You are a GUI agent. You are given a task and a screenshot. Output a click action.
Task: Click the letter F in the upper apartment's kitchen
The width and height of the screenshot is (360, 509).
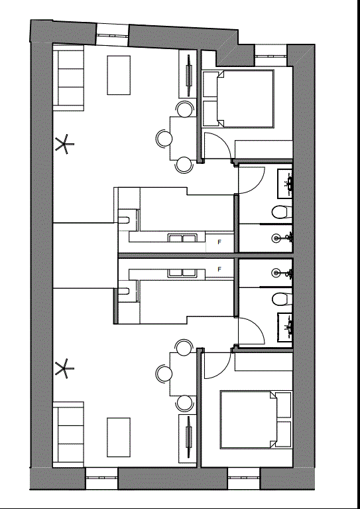(219, 242)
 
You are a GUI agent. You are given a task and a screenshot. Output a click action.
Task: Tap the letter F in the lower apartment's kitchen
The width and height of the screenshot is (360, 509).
(219, 269)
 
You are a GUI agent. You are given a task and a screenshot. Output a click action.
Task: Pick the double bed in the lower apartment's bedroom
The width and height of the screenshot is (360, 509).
(249, 419)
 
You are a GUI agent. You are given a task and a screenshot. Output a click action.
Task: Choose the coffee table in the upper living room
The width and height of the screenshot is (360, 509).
(119, 75)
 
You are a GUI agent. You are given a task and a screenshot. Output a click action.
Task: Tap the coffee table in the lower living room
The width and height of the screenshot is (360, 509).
(119, 437)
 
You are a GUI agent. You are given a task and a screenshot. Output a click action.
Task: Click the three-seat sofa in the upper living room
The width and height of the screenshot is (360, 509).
(68, 78)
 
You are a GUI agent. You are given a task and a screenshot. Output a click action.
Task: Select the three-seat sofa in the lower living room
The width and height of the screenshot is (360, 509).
(68, 434)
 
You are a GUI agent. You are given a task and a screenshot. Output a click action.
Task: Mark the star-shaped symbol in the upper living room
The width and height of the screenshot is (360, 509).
(64, 144)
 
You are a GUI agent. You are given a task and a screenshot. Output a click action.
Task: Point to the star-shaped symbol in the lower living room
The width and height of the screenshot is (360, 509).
(64, 368)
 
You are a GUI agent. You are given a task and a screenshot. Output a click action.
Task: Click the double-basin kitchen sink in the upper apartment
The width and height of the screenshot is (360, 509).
(182, 239)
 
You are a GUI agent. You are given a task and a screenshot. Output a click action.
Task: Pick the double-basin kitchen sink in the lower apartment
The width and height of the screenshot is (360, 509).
(182, 273)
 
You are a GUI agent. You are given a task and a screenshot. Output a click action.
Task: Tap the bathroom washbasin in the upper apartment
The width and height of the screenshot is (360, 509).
(285, 183)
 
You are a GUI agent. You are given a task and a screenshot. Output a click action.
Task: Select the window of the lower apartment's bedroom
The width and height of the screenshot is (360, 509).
(244, 478)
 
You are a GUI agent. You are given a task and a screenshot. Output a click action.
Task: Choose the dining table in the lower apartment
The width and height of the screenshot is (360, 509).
(183, 374)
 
